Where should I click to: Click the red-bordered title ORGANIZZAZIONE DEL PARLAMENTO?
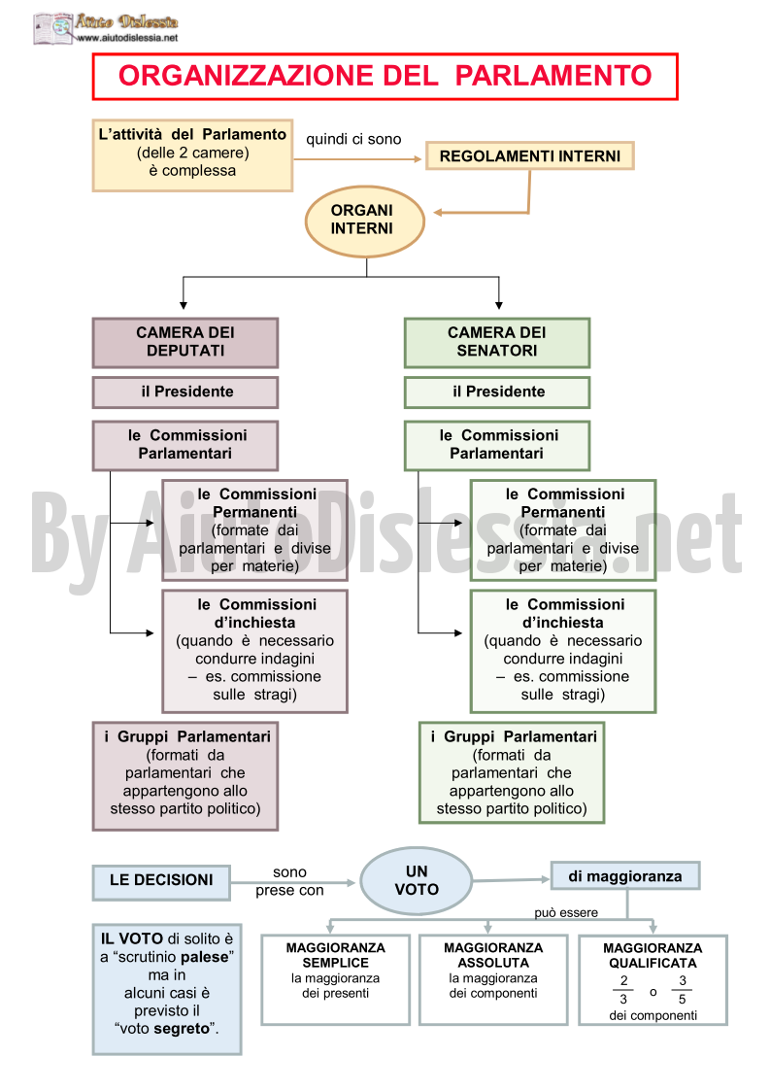pos(385,76)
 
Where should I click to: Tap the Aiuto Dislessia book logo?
pos(52,28)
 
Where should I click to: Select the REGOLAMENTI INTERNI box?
pos(529,155)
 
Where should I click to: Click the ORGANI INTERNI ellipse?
pos(364,221)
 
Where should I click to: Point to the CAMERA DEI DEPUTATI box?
pos(185,342)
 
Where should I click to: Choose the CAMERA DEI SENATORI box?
pos(496,342)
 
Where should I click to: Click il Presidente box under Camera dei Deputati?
pos(185,392)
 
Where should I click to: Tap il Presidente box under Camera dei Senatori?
pos(496,392)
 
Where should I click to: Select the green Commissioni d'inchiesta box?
pos(563,651)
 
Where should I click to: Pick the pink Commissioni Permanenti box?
pos(254,530)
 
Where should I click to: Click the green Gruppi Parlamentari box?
pos(512,772)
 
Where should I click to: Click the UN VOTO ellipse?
pos(416,880)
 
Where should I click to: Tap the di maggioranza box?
pos(624,876)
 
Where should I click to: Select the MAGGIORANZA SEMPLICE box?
pos(335,979)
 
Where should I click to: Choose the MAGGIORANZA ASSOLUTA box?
pos(493,979)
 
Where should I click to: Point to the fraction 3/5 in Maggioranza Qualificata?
pos(683,990)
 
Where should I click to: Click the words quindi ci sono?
pos(353,139)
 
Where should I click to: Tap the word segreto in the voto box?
pos(182,1029)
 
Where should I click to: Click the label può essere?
pos(565,913)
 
